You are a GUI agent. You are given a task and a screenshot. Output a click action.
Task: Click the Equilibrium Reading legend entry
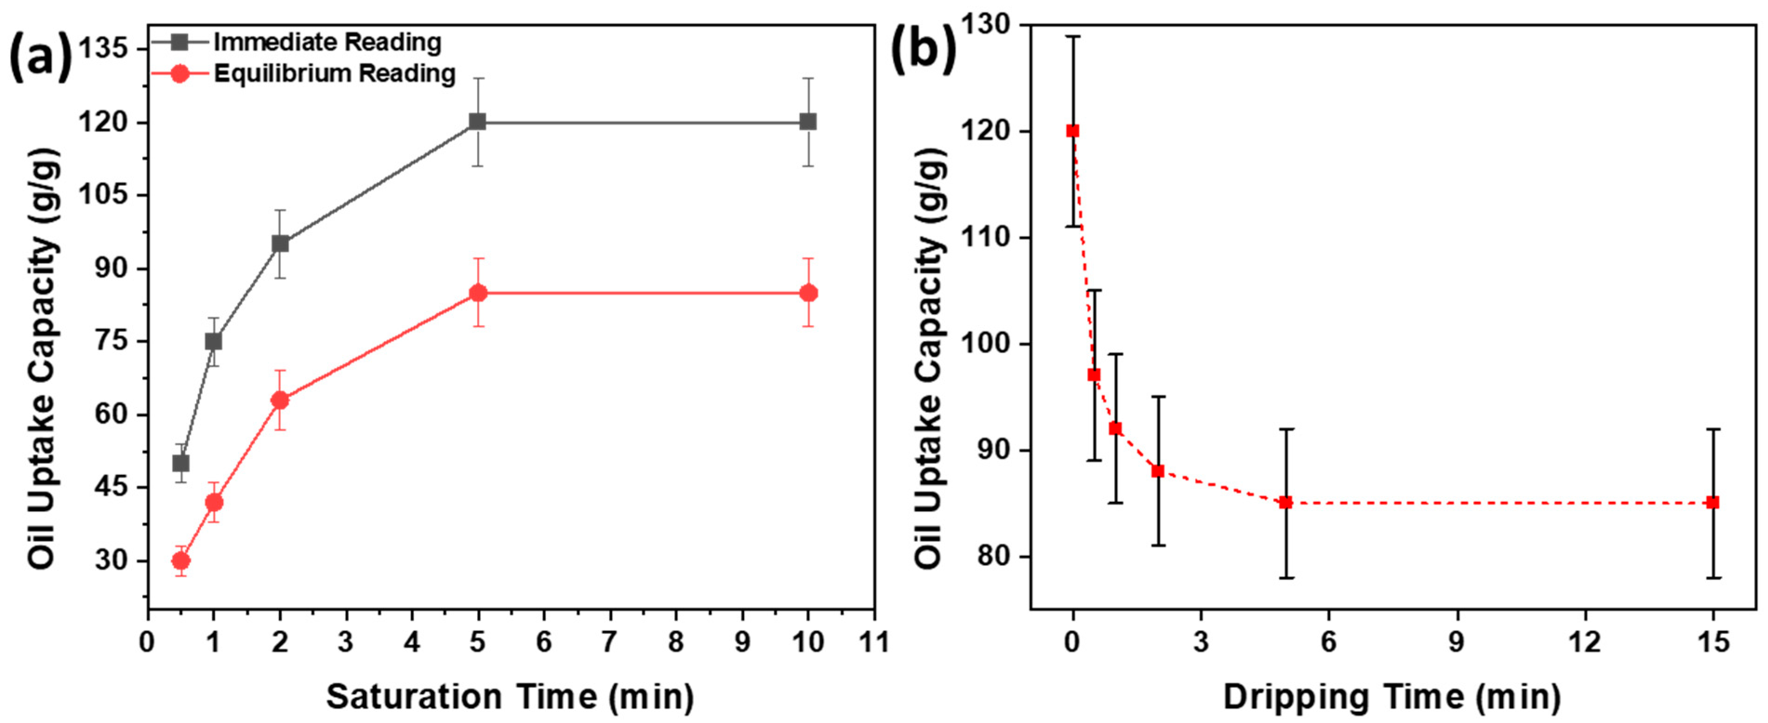tap(334, 73)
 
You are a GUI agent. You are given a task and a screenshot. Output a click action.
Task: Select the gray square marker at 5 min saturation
tap(478, 122)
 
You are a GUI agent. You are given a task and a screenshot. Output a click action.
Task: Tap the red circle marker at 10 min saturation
tap(809, 293)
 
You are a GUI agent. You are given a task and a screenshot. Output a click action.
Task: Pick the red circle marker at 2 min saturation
tap(280, 400)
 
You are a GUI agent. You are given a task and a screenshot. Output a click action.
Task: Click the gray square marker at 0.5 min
tap(180, 463)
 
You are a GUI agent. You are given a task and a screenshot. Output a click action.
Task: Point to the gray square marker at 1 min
tap(213, 342)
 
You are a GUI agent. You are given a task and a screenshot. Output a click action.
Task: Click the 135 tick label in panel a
tap(103, 49)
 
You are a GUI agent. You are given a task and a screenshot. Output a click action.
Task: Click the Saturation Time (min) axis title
tap(510, 697)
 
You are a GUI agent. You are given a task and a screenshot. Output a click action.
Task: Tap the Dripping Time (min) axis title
tap(1392, 697)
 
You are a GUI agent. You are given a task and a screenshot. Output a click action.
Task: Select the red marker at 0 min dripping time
tap(1073, 131)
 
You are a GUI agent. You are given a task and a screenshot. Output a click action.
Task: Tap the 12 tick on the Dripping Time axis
tap(1585, 642)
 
